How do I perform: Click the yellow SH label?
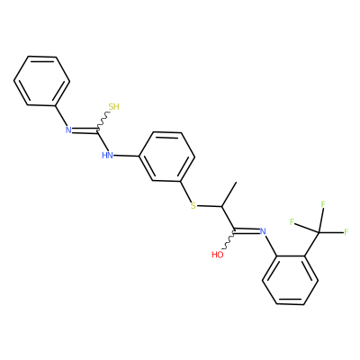[114, 107]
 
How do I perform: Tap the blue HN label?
[107, 156]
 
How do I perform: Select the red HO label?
[218, 255]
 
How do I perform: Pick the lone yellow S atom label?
[193, 206]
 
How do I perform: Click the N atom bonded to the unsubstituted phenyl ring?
[68, 130]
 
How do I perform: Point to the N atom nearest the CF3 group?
[263, 231]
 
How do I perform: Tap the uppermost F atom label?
[323, 204]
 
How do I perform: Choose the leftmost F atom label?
[292, 222]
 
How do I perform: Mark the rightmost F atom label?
[346, 232]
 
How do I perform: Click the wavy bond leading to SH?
[103, 121]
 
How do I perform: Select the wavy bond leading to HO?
[229, 240]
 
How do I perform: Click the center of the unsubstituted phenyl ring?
[41, 81]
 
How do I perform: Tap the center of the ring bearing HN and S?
[166, 157]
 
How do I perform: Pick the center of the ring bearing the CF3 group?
[291, 280]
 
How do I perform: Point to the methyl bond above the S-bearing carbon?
[229, 194]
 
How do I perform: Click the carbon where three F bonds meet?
[319, 232]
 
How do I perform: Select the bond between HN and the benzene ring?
[126, 156]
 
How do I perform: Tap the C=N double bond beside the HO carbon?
[247, 231]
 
